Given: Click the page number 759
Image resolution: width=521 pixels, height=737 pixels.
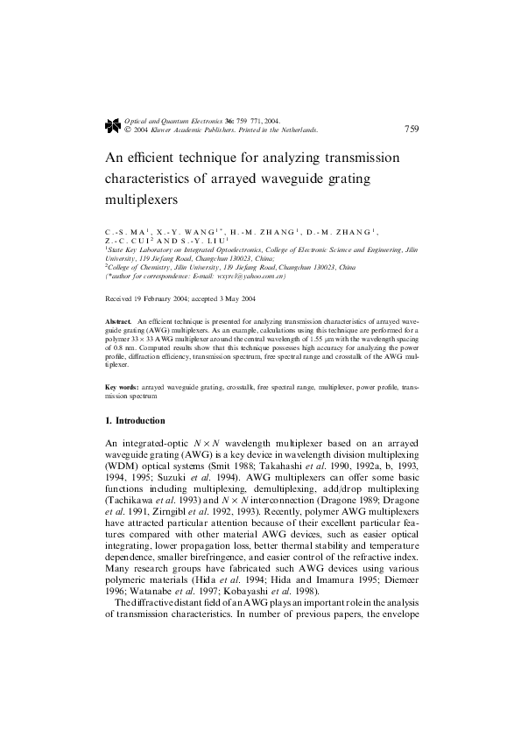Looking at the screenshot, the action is [x=412, y=129].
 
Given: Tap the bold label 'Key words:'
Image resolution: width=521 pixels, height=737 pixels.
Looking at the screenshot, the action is [x=121, y=387].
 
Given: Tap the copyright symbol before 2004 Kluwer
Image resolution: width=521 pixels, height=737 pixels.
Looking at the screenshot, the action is [x=129, y=130].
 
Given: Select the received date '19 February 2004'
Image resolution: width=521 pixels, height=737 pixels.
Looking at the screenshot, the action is [x=161, y=298].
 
